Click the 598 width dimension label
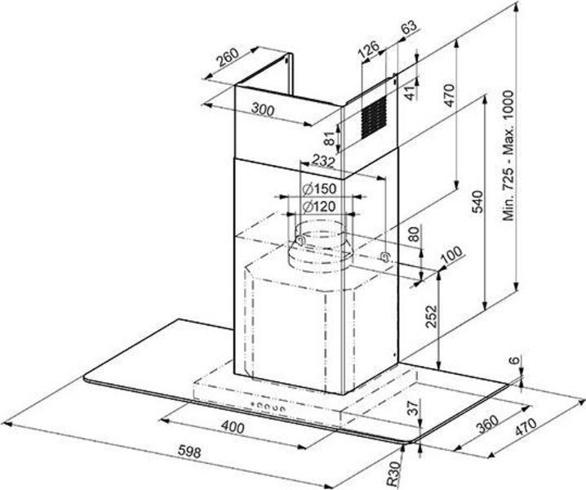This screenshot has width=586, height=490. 189,451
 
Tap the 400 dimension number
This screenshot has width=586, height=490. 233,426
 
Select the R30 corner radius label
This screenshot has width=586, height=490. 393,474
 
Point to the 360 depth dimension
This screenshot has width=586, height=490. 487,424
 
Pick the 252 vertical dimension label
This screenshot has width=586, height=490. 431,316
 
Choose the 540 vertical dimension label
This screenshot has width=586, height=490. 477,202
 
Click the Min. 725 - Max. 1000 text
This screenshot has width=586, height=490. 508,155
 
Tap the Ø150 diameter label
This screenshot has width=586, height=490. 319,189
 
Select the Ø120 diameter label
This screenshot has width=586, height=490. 319,207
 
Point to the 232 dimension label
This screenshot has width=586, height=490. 323,161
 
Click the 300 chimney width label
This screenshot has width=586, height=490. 263,109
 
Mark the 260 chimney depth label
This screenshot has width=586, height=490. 228,57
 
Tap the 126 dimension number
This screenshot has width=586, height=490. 368,48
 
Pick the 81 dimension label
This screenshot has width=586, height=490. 329,139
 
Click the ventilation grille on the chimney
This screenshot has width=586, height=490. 373,117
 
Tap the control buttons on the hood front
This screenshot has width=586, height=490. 268,407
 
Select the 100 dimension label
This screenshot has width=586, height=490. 451,256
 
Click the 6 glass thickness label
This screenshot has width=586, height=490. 515,360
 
